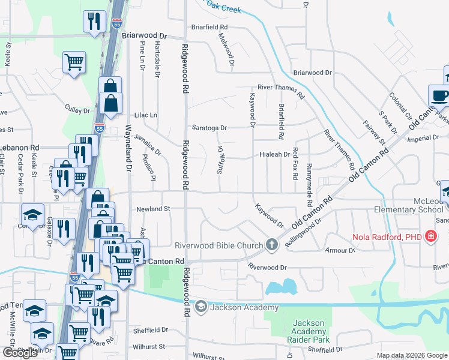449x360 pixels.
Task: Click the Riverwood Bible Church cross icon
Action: [272, 244]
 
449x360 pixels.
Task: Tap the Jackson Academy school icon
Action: [200, 307]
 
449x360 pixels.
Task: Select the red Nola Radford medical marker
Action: [430, 236]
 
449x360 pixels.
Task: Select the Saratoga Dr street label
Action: [209, 128]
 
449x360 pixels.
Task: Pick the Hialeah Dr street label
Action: [274, 154]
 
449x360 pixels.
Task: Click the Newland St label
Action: [154, 209]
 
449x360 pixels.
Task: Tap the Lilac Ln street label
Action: [145, 115]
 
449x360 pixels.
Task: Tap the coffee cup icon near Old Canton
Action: [439, 95]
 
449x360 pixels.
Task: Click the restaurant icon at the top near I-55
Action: [94, 22]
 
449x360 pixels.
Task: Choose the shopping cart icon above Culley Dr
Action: [74, 62]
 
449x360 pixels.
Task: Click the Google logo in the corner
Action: [20, 353]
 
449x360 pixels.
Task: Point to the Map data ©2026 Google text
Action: [412, 355]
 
